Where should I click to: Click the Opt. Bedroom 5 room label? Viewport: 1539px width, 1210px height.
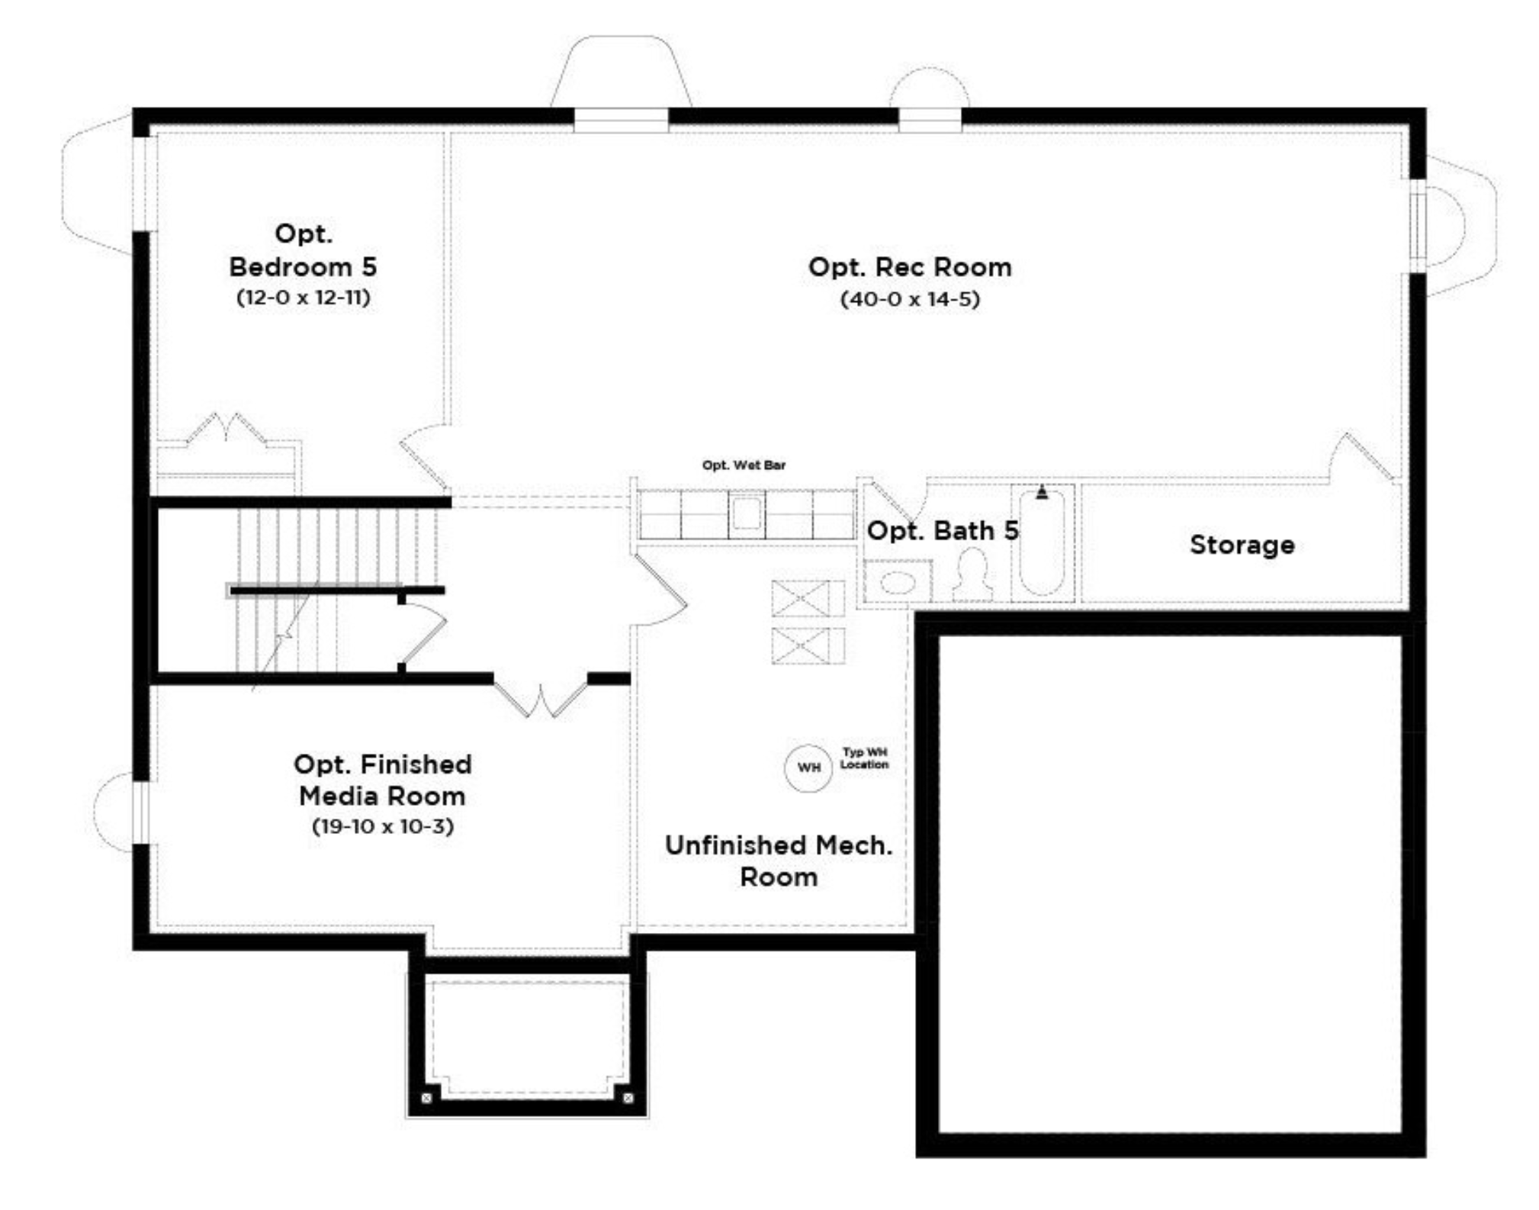tap(303, 249)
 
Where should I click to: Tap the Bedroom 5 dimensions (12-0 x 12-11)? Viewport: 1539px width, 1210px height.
tap(304, 297)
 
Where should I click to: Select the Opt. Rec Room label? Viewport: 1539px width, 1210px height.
tap(910, 267)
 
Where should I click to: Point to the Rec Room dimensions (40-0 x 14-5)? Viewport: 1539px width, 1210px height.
tap(910, 299)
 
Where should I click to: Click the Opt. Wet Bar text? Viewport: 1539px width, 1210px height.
tap(744, 465)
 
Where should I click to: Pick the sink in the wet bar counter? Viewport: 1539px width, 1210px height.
tap(747, 512)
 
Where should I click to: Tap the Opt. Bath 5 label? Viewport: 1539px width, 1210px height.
tap(943, 530)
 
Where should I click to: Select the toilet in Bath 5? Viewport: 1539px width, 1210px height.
tap(973, 574)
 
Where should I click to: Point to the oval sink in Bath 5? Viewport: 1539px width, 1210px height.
tap(898, 583)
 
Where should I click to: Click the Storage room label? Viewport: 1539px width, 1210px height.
tap(1242, 545)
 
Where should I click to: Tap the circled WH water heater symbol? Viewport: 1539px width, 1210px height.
tap(808, 768)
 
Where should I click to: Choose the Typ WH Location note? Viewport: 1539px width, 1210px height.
tap(864, 758)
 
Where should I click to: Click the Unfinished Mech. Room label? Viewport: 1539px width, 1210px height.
tap(779, 861)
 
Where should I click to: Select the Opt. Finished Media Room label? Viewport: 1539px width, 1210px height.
tap(382, 780)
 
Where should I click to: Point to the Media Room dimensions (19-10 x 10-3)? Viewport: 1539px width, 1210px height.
tap(383, 826)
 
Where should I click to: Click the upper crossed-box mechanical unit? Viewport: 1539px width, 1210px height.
tap(808, 598)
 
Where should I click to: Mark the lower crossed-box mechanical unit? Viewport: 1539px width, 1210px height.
tap(808, 645)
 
